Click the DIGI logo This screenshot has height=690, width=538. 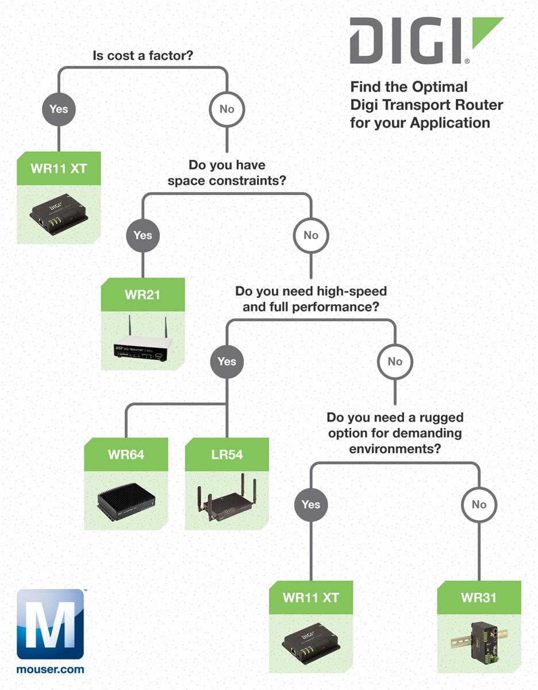click(425, 40)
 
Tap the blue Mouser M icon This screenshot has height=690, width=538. click(51, 624)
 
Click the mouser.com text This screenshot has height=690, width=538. click(51, 669)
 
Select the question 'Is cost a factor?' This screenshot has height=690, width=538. click(143, 56)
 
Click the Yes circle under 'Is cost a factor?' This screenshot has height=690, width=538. click(59, 109)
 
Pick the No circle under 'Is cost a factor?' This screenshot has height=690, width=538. click(227, 109)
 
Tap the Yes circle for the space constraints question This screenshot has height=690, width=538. click(143, 235)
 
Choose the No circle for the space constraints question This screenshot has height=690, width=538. click(311, 235)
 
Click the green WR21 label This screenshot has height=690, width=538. click(143, 295)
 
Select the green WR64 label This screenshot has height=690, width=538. click(126, 455)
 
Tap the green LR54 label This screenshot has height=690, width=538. click(227, 455)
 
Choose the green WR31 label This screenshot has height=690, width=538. click(479, 597)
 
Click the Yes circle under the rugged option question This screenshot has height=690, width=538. click(311, 504)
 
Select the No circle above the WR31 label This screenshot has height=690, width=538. click(479, 504)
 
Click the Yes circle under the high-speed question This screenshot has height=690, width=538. click(227, 362)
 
